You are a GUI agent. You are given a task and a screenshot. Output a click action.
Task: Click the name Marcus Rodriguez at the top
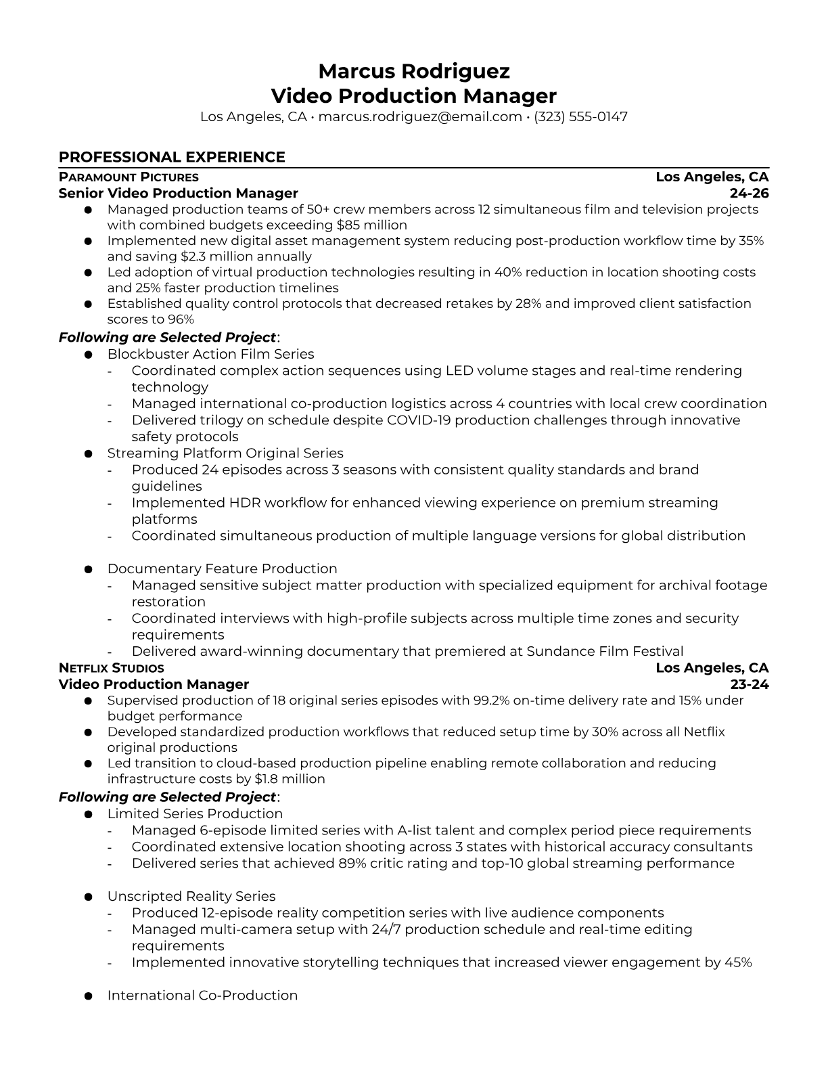(x=414, y=71)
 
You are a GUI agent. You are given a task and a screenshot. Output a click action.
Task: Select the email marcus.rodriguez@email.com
(x=419, y=116)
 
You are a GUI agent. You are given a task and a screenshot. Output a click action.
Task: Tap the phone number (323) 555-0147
(x=580, y=116)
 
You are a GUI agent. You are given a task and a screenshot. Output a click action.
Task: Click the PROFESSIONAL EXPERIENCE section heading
(x=172, y=157)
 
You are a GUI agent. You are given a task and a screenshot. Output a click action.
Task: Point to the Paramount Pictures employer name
(x=129, y=177)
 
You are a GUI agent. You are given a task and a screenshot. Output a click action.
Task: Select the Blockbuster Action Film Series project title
(x=210, y=354)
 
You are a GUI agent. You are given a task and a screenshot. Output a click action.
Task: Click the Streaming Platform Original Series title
(x=225, y=453)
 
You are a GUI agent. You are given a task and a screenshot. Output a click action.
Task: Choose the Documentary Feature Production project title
(x=222, y=569)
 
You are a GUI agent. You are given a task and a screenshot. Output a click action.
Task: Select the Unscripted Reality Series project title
(x=191, y=897)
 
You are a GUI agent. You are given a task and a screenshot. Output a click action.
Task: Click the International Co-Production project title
(x=202, y=996)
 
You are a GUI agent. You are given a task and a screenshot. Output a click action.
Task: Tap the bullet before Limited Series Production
(x=88, y=814)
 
